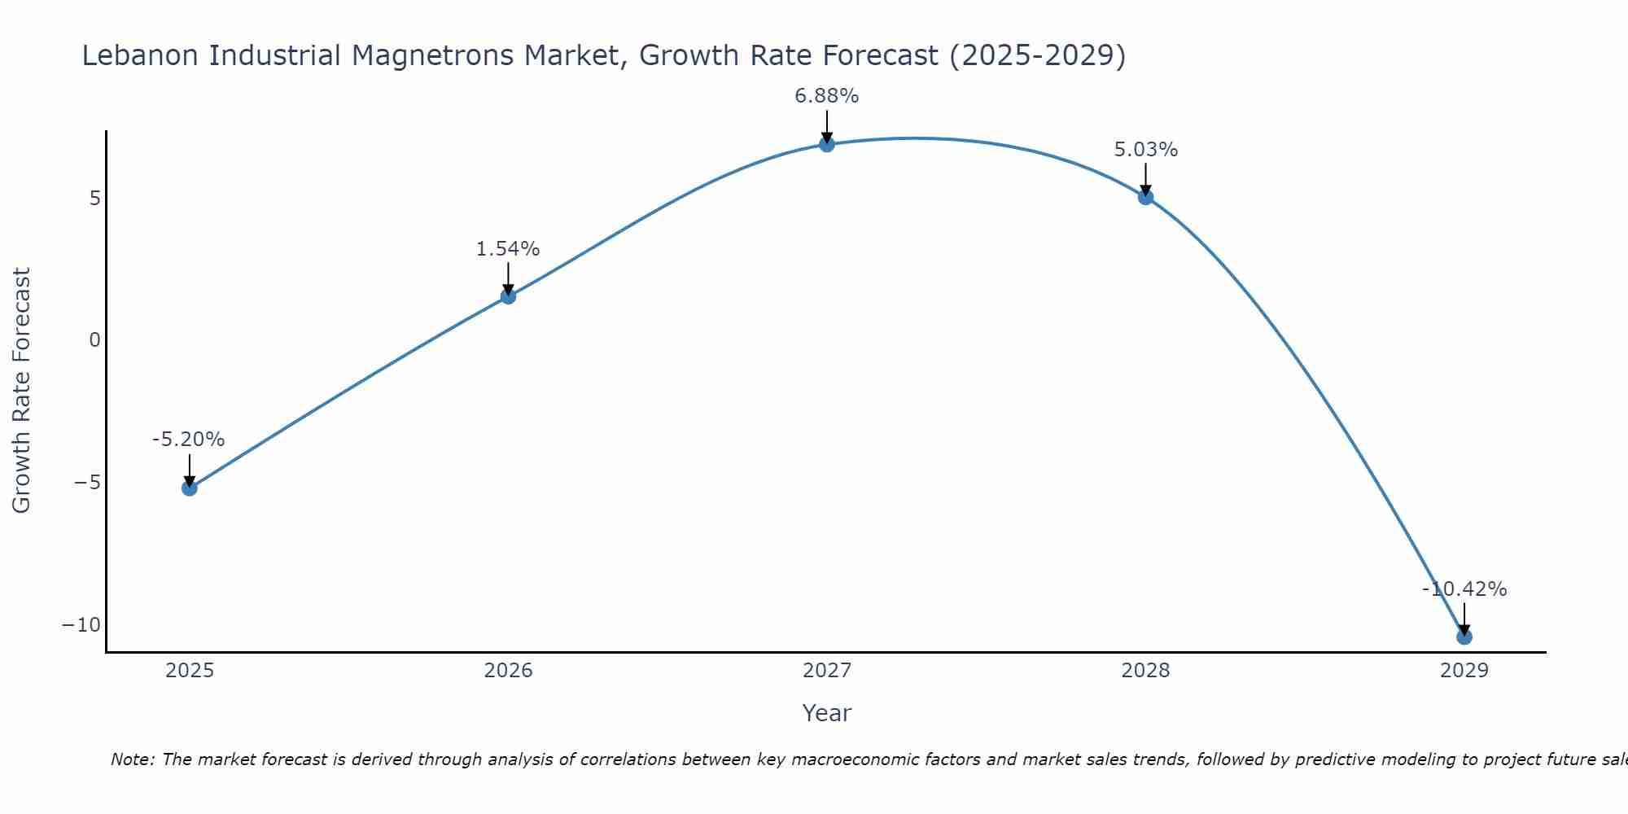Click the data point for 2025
click(189, 488)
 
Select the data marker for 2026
click(508, 296)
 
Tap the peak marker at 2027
click(827, 144)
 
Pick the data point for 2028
click(1145, 197)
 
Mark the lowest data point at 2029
click(1464, 637)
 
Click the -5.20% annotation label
click(188, 440)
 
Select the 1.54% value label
click(508, 249)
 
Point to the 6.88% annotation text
click(827, 96)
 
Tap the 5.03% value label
click(1145, 150)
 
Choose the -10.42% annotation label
click(1464, 589)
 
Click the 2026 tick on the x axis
click(508, 671)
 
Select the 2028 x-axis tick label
click(1145, 671)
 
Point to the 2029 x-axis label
click(1464, 671)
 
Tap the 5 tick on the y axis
click(94, 199)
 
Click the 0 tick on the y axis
click(94, 340)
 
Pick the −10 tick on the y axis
click(81, 625)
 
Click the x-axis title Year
click(826, 713)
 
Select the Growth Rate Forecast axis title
click(22, 391)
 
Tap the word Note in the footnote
click(130, 759)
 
